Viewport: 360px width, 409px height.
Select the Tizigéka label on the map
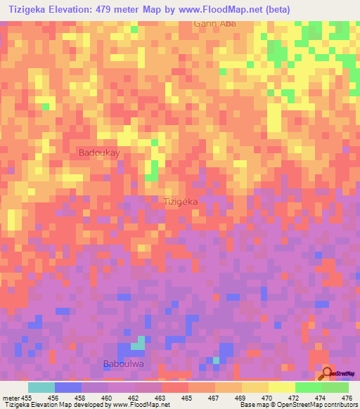pyautogui.click(x=184, y=202)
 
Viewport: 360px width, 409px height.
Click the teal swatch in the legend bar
pyautogui.click(x=41, y=387)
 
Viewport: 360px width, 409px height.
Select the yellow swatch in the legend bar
pyautogui.click(x=255, y=387)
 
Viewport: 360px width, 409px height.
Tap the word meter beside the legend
pyautogui.click(x=11, y=397)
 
